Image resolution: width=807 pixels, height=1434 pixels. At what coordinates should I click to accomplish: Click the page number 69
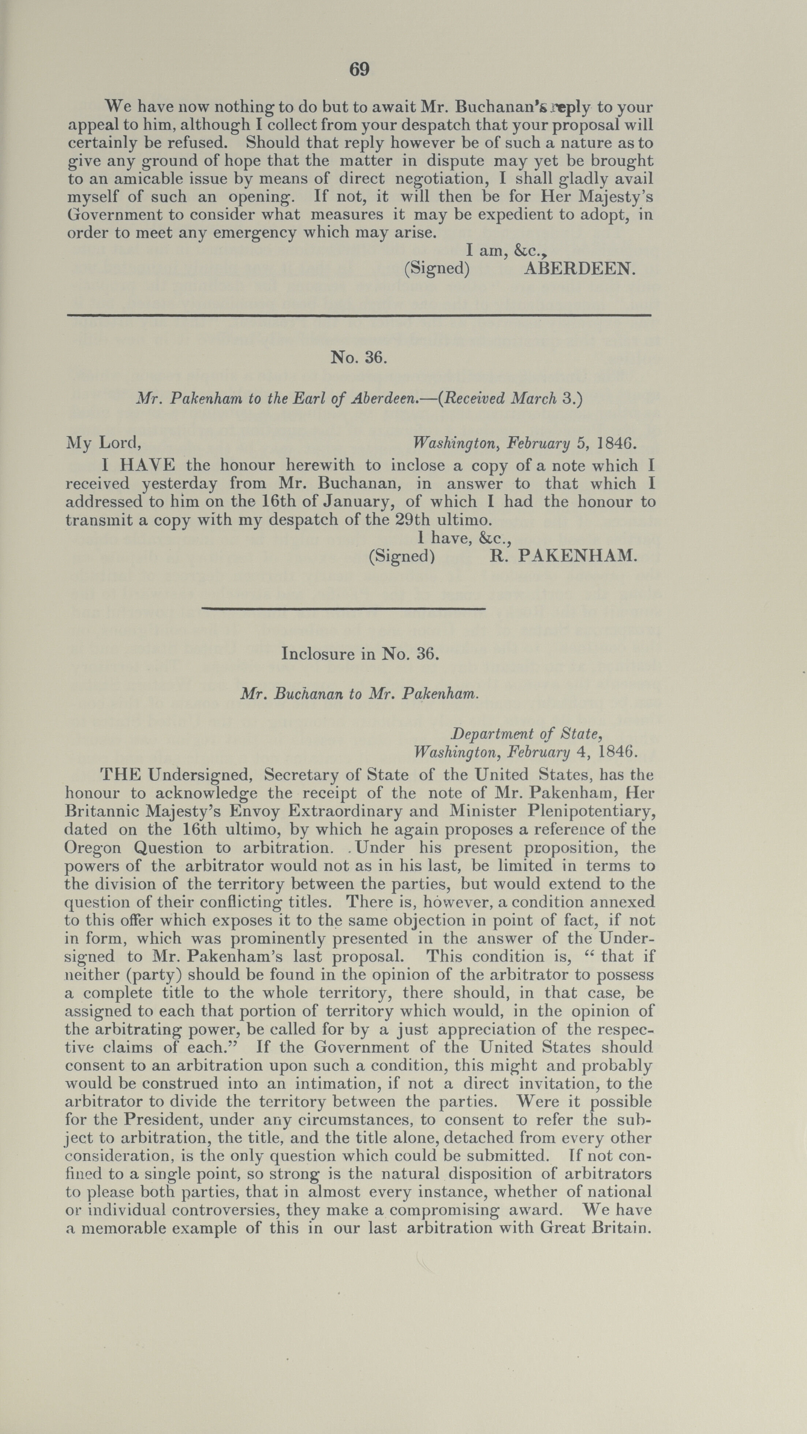point(359,70)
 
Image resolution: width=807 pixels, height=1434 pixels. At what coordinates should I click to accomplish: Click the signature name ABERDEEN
point(579,269)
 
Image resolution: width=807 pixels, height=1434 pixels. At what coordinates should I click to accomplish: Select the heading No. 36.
point(358,357)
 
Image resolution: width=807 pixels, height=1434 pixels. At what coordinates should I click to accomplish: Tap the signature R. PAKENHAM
point(563,556)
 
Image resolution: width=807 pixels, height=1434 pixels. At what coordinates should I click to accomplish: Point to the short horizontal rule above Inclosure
point(343,608)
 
